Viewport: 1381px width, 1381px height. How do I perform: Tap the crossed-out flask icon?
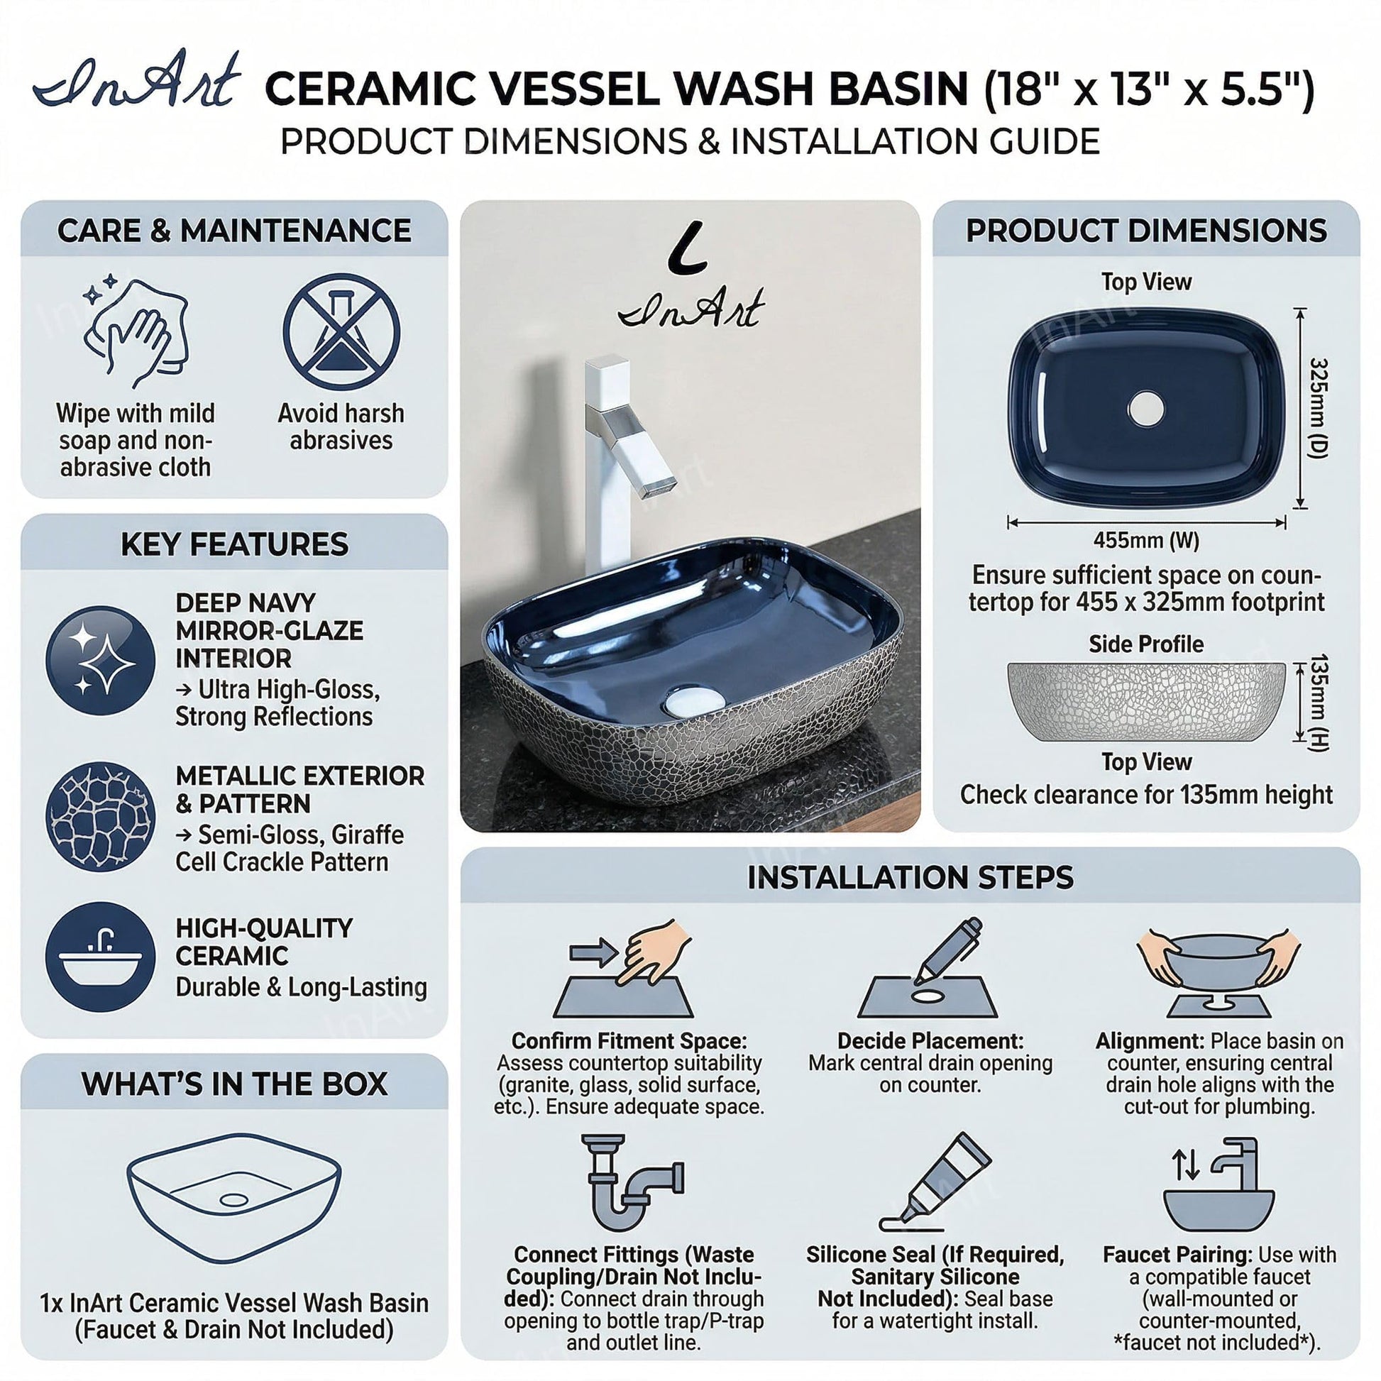pyautogui.click(x=341, y=332)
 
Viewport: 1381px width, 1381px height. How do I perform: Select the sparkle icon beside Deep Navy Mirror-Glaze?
pyautogui.click(x=101, y=660)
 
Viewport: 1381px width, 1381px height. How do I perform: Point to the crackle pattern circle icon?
pyautogui.click(x=101, y=817)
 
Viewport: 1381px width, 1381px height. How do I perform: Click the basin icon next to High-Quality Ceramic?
pyautogui.click(x=101, y=957)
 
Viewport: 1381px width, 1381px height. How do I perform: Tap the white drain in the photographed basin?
pyautogui.click(x=693, y=700)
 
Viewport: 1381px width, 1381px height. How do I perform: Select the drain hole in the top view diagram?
pyautogui.click(x=1146, y=409)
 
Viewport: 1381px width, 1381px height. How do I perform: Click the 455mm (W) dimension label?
pyautogui.click(x=1146, y=540)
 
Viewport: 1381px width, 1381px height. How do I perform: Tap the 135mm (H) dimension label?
pyautogui.click(x=1319, y=702)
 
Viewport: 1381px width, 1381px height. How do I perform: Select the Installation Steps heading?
pyautogui.click(x=910, y=877)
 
